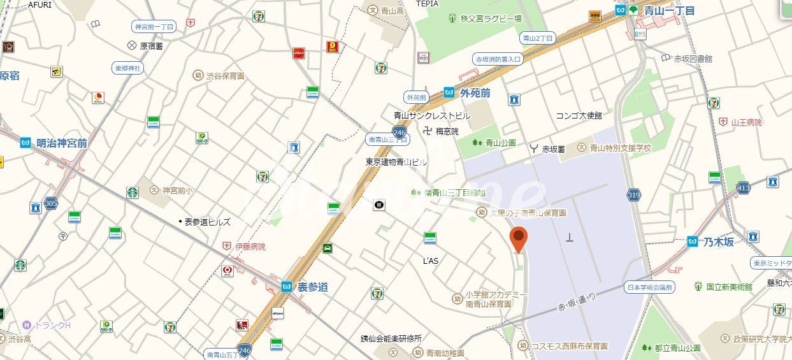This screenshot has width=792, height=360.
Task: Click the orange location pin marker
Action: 520,239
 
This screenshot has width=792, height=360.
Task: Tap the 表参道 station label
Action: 312,287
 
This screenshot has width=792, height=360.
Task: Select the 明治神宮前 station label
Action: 61,143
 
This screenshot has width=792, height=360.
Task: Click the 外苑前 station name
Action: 475,92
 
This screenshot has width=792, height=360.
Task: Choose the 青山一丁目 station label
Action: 668,10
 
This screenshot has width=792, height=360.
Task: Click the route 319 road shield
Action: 633,195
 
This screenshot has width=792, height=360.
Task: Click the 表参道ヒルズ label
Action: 207,222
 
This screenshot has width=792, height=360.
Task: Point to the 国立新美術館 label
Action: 729,287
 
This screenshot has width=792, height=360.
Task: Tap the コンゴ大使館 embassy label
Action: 579,115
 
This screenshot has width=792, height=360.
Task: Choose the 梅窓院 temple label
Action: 447,131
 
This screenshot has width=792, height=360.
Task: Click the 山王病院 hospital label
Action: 746,122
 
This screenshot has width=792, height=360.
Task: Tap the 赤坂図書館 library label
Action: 693,58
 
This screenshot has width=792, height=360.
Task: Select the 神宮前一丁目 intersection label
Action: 154,27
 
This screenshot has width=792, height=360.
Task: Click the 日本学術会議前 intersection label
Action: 649,287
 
